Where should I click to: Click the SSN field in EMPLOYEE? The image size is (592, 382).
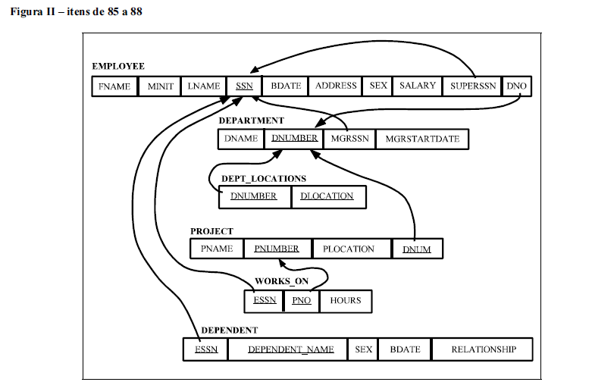tap(244, 86)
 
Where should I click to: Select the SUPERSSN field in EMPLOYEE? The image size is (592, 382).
tap(473, 86)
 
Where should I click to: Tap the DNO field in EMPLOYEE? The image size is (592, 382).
tap(516, 86)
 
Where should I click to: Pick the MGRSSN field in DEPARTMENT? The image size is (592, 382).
tap(349, 139)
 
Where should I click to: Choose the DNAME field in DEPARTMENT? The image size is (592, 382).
tap(241, 139)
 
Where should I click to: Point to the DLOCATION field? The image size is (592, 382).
tap(327, 196)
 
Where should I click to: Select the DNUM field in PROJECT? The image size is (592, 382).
tap(417, 249)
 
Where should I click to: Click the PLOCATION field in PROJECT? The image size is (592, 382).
tap(349, 249)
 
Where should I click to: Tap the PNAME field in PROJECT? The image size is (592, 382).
tap(217, 249)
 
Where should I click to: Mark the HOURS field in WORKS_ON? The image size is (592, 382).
tap(346, 301)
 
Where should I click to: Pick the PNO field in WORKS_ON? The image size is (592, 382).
tap(302, 301)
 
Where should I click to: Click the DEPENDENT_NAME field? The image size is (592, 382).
tap(291, 349)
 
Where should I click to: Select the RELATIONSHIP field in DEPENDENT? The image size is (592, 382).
tap(484, 349)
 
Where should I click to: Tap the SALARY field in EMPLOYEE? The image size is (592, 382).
tap(418, 86)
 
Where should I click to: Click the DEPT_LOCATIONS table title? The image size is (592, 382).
tap(264, 179)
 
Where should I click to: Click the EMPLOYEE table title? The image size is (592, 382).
tap(118, 67)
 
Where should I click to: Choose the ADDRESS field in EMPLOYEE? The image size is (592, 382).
tap(336, 86)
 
